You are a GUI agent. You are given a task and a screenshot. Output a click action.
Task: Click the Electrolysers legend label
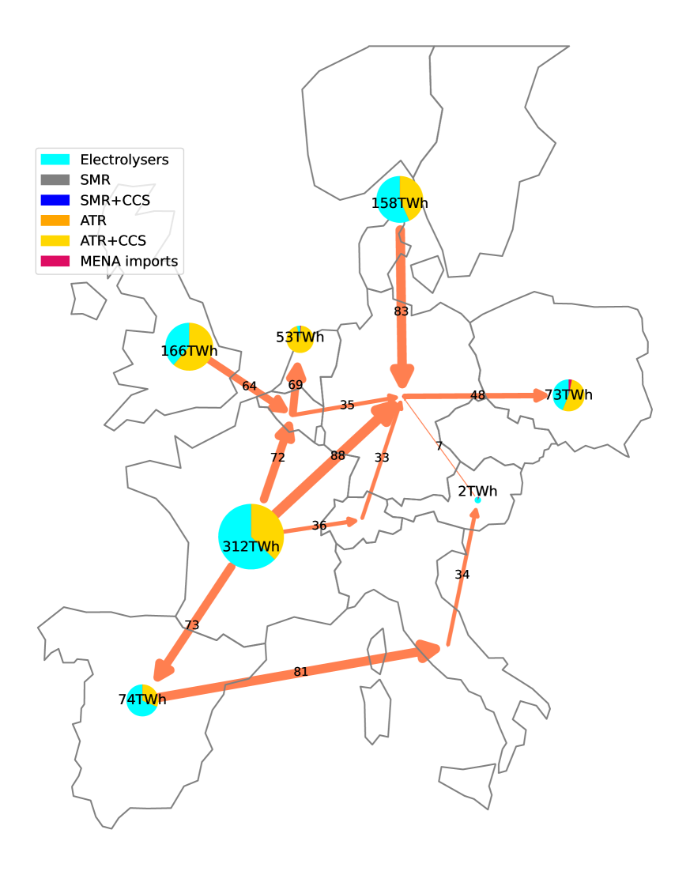(124, 160)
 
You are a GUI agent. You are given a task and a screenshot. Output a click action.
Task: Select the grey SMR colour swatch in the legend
(55, 180)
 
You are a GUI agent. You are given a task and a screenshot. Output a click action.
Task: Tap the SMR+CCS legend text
(115, 201)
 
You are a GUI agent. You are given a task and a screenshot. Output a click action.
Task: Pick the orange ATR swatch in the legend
(55, 221)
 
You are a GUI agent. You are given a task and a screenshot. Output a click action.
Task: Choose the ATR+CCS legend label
(113, 241)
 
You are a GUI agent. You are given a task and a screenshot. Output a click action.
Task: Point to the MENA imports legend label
(129, 262)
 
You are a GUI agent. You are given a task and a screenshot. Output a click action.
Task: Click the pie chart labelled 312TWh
(251, 537)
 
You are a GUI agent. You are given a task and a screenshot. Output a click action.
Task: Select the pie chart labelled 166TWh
(190, 347)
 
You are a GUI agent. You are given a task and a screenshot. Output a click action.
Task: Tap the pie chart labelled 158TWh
(400, 200)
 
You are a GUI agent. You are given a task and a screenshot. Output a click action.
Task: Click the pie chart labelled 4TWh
(142, 700)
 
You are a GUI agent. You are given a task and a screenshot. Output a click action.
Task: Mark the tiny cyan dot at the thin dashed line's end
(477, 500)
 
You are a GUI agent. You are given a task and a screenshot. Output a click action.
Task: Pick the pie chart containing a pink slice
(568, 395)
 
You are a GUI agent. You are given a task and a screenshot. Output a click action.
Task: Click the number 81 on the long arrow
(300, 673)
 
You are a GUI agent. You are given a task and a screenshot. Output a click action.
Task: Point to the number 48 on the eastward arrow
(477, 396)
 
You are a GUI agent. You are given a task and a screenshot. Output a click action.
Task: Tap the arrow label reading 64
(249, 387)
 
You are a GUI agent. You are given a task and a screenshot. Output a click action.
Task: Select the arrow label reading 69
(296, 385)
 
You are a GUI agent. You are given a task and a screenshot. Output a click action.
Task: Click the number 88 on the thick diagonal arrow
(338, 456)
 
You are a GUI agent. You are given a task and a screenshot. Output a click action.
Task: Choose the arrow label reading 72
(277, 458)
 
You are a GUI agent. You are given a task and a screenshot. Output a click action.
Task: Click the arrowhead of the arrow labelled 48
(541, 395)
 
